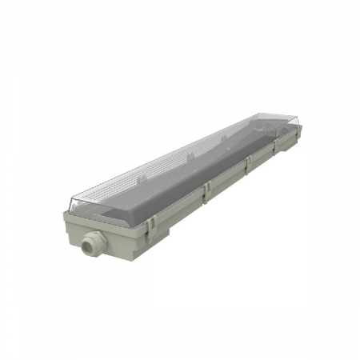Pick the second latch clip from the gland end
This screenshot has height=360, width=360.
206,192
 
